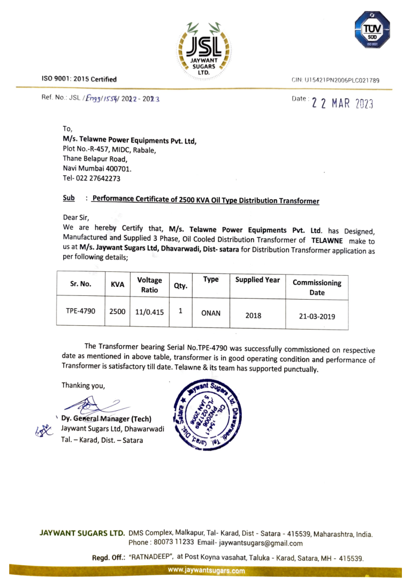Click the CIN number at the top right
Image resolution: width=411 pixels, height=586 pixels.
[x=335, y=80]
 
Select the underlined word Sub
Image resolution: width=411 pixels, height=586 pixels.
[x=68, y=198]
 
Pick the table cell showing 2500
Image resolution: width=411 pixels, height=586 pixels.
[x=117, y=310]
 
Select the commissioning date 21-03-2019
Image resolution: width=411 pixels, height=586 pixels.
[x=316, y=316]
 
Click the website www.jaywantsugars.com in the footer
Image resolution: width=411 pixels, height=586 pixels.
[x=206, y=571]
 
